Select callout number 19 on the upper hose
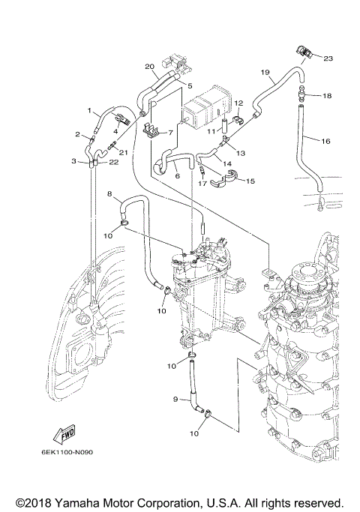point(265,73)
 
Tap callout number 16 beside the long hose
point(325,140)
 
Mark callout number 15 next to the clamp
point(250,181)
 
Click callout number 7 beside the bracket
point(170,132)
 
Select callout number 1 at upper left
point(88,111)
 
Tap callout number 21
point(124,153)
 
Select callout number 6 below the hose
point(176,175)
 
